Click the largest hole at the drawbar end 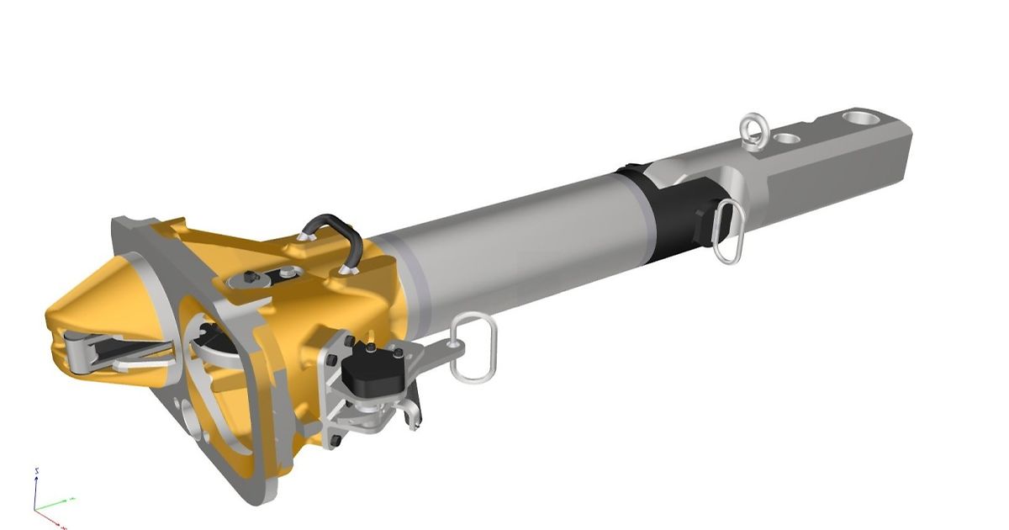click(858, 118)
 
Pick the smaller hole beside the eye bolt click(788, 136)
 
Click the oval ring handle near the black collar click(728, 231)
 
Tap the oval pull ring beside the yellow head click(473, 347)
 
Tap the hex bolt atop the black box click(369, 348)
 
